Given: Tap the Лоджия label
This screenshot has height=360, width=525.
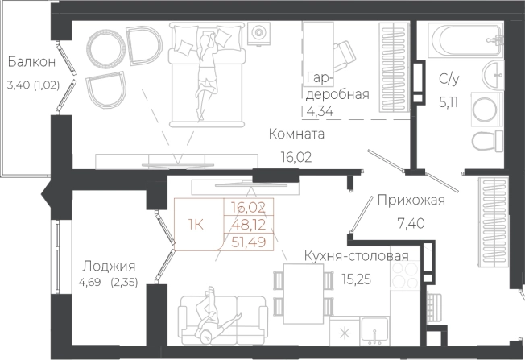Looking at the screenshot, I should coord(108,266).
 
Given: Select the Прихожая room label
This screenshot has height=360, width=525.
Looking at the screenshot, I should coord(411,201).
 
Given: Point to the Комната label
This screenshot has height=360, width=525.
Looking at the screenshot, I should coord(297,134).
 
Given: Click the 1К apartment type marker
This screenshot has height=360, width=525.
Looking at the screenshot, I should coord(196,223).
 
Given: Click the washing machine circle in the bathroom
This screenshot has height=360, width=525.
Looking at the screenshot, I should coord(486,110).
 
